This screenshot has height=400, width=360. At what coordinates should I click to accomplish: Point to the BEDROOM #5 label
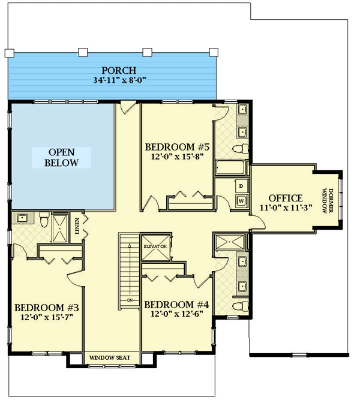(x=178, y=146)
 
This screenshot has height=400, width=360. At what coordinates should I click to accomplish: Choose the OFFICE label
(x=285, y=198)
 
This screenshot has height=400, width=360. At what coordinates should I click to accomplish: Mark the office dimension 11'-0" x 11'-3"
(x=285, y=208)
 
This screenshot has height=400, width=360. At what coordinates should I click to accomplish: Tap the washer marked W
(x=241, y=201)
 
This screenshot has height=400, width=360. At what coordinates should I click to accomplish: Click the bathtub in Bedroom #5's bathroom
(x=231, y=167)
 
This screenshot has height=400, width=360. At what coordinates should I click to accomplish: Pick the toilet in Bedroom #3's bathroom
(x=43, y=220)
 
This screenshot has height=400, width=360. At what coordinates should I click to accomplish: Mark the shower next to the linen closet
(x=60, y=228)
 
